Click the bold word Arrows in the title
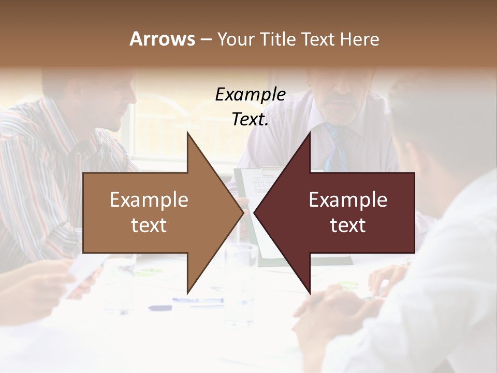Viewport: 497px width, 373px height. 162,39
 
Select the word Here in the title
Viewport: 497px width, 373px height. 359,39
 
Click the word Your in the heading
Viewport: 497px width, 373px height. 237,39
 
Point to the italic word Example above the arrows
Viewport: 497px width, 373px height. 250,95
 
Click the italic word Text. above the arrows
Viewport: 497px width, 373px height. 250,120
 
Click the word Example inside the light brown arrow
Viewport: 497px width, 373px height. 149,200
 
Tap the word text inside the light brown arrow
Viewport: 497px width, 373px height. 149,225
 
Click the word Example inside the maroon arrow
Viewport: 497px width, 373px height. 348,200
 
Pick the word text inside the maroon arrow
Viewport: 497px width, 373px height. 348,225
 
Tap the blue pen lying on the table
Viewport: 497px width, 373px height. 197,300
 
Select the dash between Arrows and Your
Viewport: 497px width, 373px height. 206,39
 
